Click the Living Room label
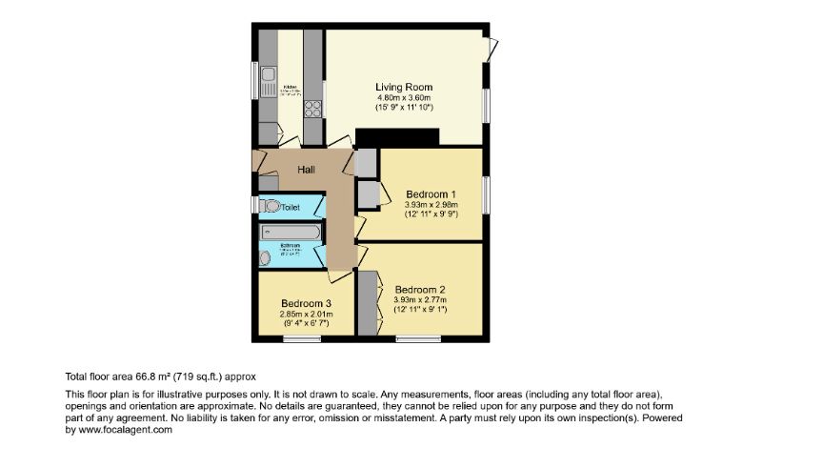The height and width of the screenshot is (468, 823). coord(404,88)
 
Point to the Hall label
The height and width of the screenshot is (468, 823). coord(307,170)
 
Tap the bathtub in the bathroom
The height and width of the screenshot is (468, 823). coord(292,232)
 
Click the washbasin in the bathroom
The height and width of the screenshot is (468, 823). coord(265,256)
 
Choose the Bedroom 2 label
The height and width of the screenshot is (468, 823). coord(420,290)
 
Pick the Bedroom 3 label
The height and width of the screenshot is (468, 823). coord(306,303)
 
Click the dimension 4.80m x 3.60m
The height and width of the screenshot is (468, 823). coord(404,98)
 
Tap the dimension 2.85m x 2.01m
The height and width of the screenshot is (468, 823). coord(306,314)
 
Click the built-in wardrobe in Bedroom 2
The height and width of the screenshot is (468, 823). coord(367,302)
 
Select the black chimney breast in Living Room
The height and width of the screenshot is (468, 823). coord(397,137)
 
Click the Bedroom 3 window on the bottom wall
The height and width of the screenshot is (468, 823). coord(301,337)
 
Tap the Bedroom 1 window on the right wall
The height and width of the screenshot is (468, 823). coord(484,193)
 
